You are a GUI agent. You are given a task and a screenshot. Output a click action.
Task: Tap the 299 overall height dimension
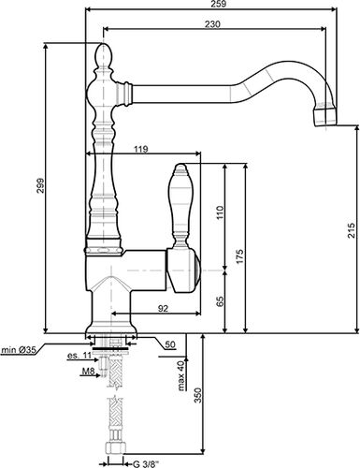pos(38,187)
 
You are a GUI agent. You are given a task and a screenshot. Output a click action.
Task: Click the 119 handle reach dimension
pos(140,149)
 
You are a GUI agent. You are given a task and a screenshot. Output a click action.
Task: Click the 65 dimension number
pos(220,300)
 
